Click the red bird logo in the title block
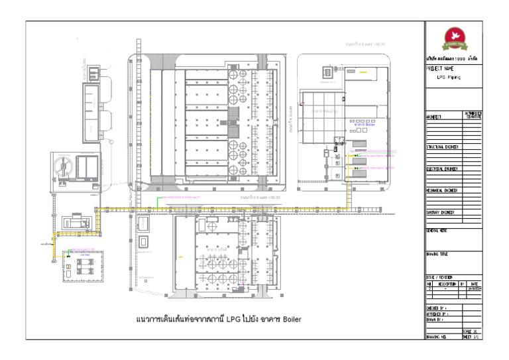click(454, 36)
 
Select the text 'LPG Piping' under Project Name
click(449, 77)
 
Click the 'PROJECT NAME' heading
click(440, 68)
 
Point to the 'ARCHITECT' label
click(434, 117)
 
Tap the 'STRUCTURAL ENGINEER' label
click(443, 147)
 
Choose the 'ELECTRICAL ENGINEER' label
click(442, 169)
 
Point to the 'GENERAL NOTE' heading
click(437, 231)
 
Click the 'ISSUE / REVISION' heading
click(439, 278)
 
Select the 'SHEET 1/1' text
click(472, 337)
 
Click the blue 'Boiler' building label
click(365, 124)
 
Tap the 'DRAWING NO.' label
click(438, 337)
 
